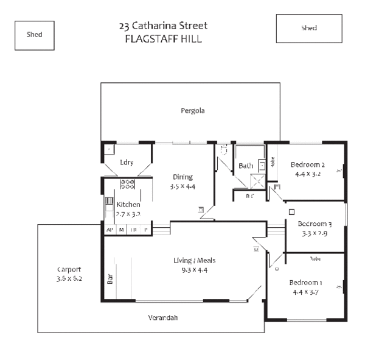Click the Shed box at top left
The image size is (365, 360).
coord(35,35)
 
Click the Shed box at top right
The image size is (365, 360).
coord(309,29)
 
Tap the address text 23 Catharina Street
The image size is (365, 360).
coord(163,26)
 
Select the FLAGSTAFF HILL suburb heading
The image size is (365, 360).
coord(163,38)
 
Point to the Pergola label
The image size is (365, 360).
coord(192,111)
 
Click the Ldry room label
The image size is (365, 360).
coord(127,162)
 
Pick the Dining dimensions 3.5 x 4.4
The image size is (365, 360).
coord(182,186)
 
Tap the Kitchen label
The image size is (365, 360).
coord(128,205)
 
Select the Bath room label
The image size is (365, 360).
coord(246,166)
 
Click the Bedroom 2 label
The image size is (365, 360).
coord(307,164)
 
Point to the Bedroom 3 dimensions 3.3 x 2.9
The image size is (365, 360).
coord(315,233)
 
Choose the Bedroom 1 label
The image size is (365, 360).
coord(305,283)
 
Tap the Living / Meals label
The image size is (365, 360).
coord(195,261)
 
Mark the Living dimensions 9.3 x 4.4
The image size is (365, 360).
coord(195,270)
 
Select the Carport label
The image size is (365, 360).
coord(69,269)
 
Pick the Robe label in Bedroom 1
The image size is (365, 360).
coord(315,258)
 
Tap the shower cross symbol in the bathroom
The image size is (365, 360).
coord(258,181)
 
